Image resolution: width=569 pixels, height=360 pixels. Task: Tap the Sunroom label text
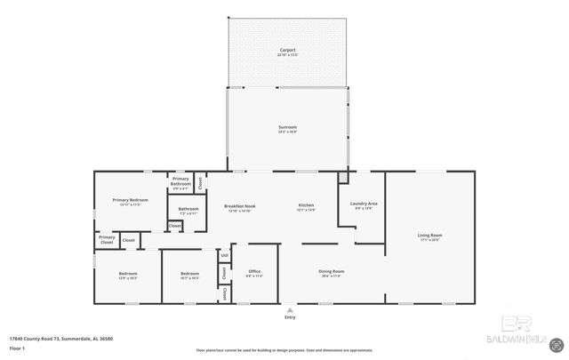287,128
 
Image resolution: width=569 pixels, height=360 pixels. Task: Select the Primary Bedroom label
130,200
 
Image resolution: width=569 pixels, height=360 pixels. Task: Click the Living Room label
430,236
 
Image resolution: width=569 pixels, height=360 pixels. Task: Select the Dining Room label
331,271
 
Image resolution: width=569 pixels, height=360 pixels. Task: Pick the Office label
253,271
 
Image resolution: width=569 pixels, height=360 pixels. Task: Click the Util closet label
225,255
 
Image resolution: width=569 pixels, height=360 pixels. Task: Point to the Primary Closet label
107,239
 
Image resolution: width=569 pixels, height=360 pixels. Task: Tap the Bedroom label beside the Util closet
188,274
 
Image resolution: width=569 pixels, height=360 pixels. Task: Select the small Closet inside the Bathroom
175,226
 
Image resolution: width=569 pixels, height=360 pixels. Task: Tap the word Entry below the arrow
289,317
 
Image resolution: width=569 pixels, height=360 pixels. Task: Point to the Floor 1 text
18,348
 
